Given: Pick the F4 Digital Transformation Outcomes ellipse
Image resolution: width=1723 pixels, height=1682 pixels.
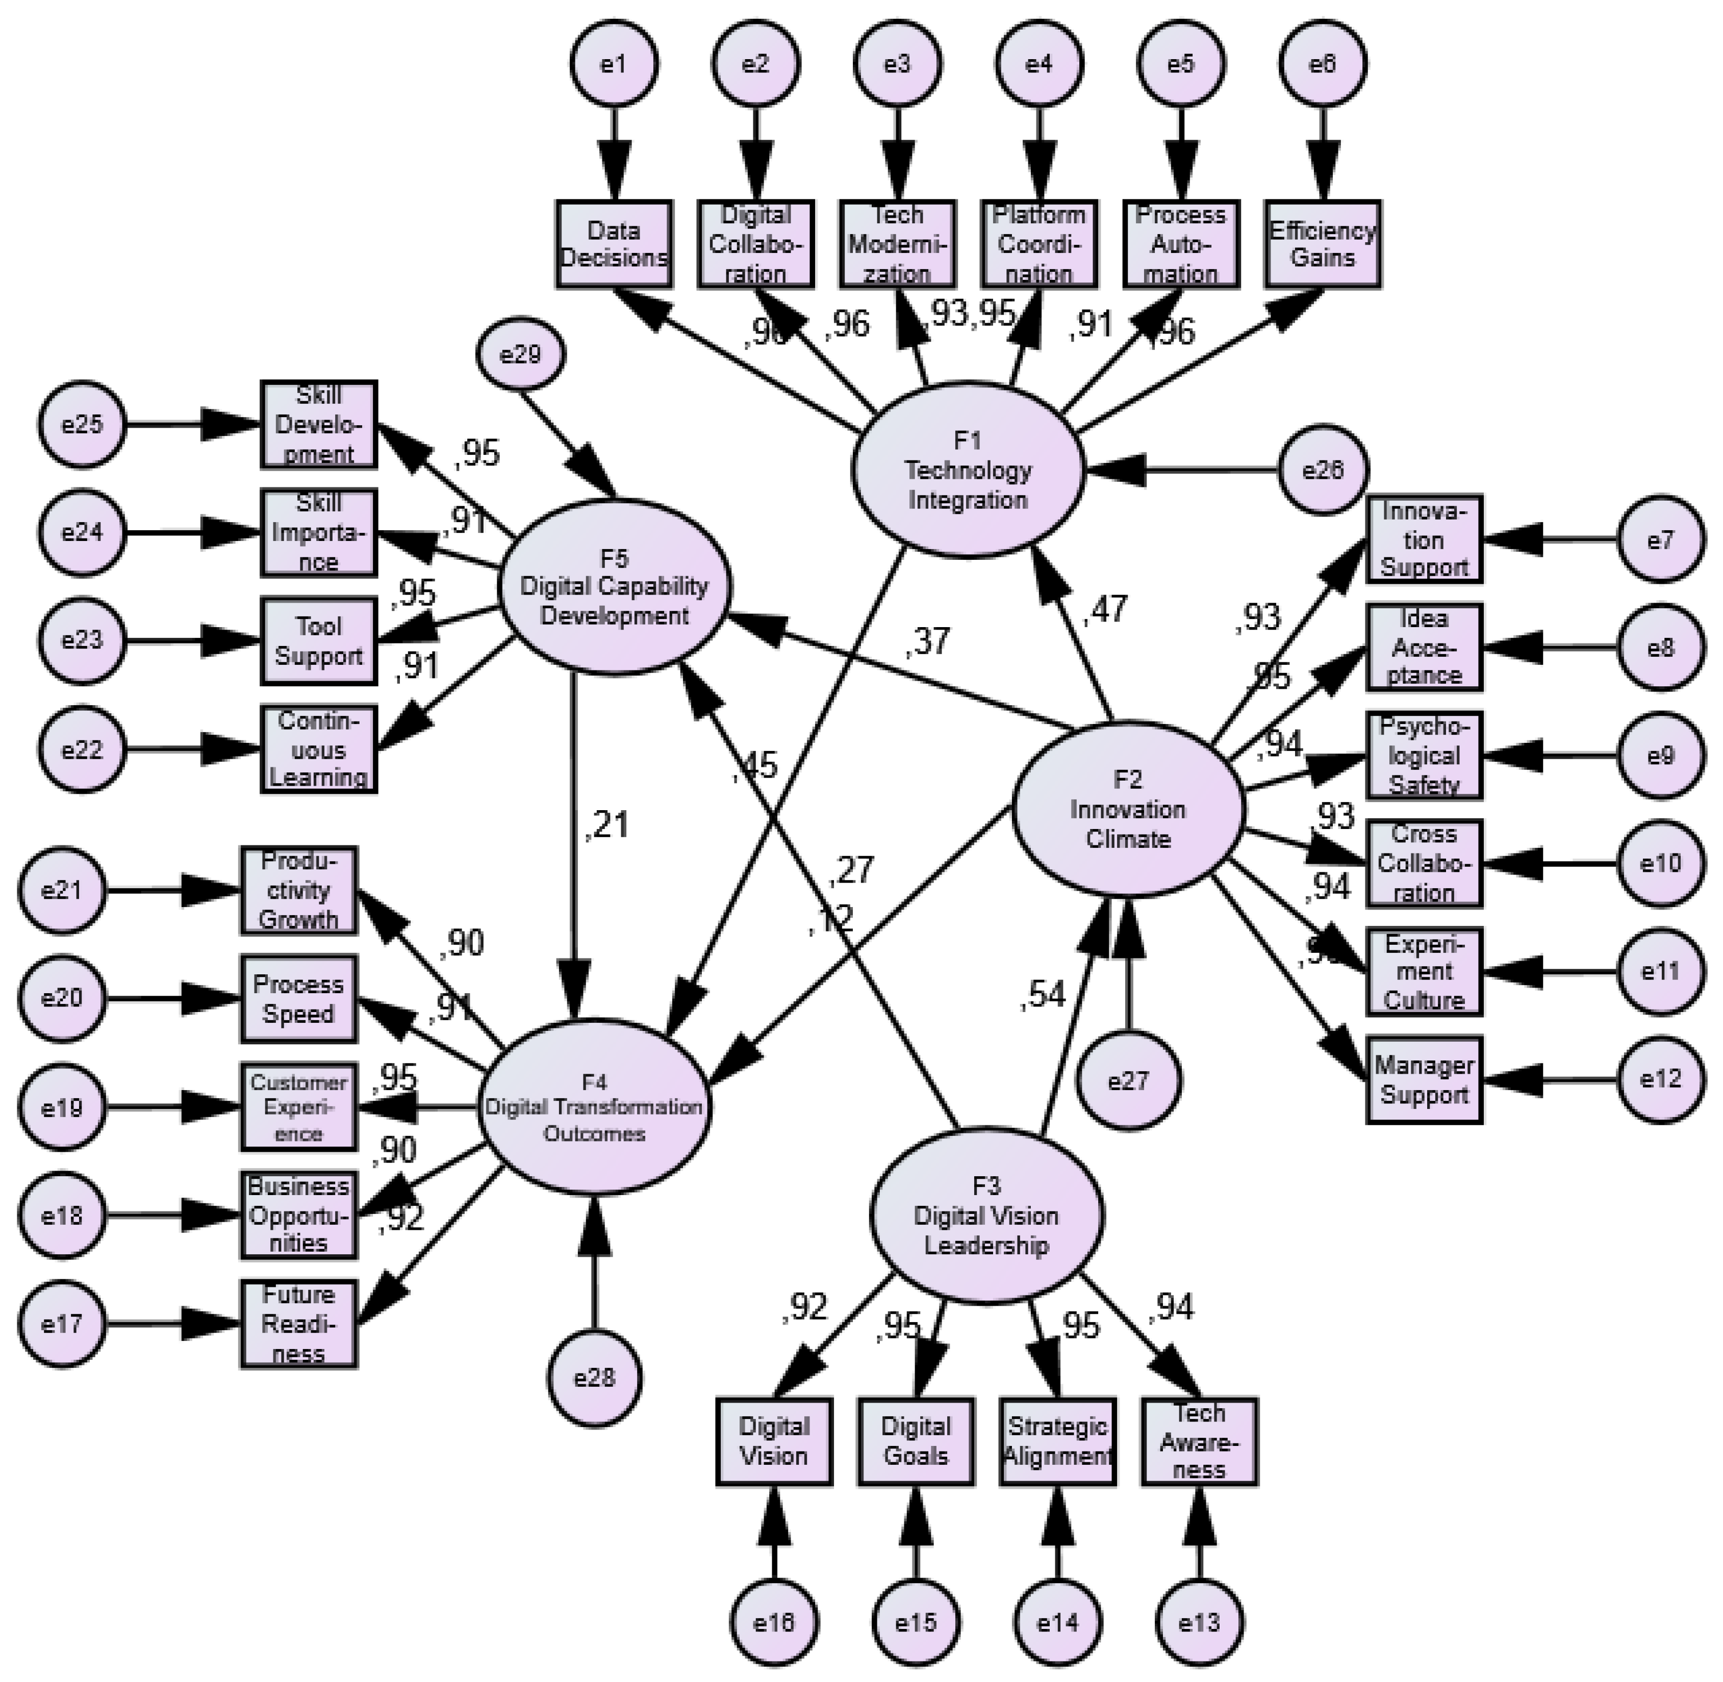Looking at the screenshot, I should pyautogui.click(x=594, y=1107).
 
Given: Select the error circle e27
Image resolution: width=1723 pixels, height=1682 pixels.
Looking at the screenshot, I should pyautogui.click(x=1128, y=1080).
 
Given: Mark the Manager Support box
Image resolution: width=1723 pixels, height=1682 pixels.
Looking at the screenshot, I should pyautogui.click(x=1424, y=1079).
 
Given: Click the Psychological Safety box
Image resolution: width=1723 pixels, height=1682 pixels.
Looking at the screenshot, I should pyautogui.click(x=1424, y=755).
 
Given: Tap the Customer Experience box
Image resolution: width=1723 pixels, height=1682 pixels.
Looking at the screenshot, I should pyautogui.click(x=299, y=1107).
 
